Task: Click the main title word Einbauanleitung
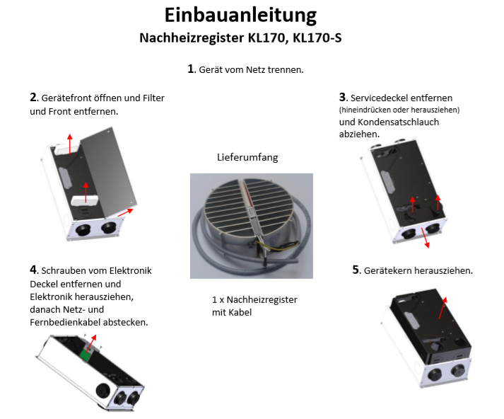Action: pos(240,16)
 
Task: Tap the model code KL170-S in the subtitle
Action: pos(317,38)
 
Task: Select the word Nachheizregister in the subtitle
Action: pos(192,38)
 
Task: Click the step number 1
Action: pos(191,69)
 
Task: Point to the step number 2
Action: pos(33,97)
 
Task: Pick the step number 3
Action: pos(342,97)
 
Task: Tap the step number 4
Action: pos(33,270)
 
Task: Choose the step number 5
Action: pos(356,270)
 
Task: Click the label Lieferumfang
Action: pos(247,157)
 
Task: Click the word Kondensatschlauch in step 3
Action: pos(398,122)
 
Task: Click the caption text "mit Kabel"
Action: pos(232,312)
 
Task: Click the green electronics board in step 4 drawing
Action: pos(86,355)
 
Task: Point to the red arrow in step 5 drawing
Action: pos(443,308)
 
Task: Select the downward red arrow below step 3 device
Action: pos(425,238)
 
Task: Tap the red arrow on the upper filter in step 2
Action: pos(70,144)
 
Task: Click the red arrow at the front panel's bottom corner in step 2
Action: pos(125,212)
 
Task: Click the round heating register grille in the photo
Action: pos(249,207)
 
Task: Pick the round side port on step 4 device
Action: pos(103,391)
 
